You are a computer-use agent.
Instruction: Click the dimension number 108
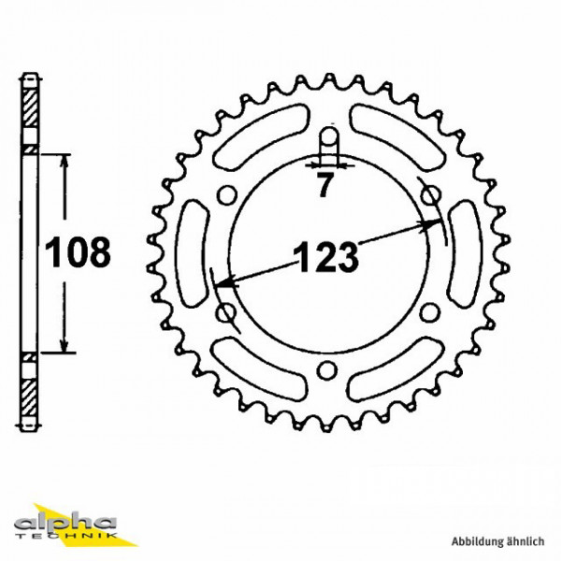(x=79, y=252)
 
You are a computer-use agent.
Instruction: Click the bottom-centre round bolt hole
(x=326, y=371)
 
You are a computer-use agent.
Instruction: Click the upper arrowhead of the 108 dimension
(x=64, y=162)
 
